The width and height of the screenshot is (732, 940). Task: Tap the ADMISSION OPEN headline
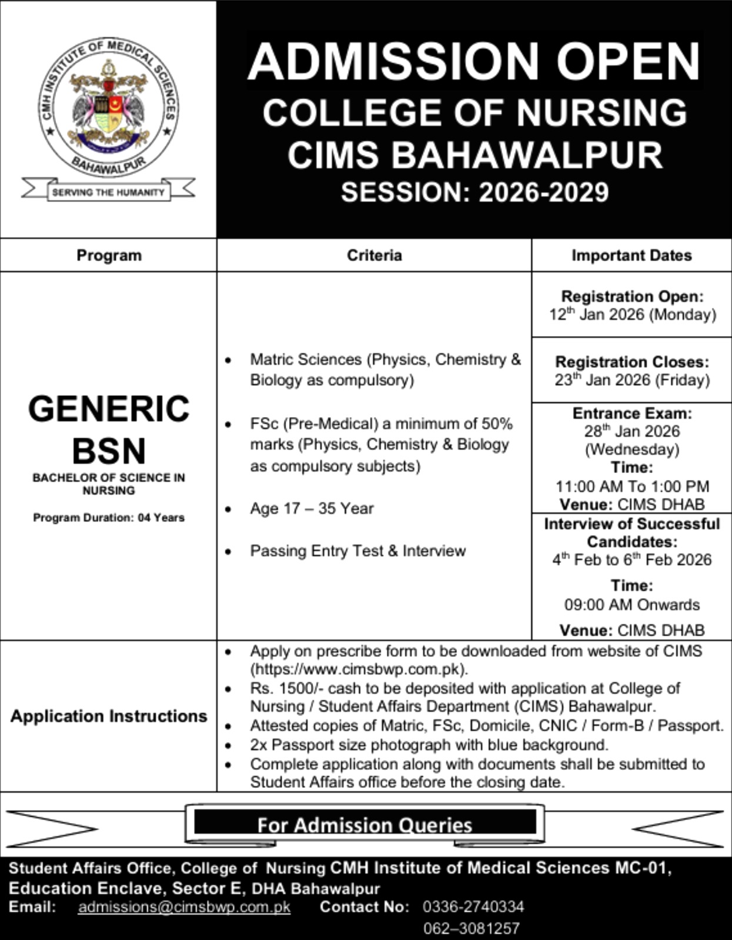pos(474,62)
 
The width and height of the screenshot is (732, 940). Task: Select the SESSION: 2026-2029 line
pos(474,193)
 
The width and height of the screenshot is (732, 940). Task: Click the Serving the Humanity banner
pos(108,192)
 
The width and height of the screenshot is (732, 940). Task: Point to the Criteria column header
pos(374,256)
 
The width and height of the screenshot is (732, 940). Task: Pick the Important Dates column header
pos(631,256)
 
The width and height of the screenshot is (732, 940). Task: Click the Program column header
pos(109,256)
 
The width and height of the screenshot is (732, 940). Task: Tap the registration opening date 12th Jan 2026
pos(632,315)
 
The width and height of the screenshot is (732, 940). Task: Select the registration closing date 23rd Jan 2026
pos(632,380)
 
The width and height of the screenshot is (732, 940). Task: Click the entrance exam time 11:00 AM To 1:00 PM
pos(632,486)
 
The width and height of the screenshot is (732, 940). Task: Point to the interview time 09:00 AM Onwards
pos(632,605)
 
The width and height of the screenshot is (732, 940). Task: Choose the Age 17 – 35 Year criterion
pos(312,509)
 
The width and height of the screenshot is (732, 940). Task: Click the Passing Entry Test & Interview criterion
pos(357,551)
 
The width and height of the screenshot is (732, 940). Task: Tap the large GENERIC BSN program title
pos(109,429)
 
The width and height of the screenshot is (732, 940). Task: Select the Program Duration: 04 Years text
pos(109,518)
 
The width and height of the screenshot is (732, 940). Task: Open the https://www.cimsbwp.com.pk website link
pos(359,669)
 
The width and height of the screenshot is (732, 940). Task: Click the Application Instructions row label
pos(109,716)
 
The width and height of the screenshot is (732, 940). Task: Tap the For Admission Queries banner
pos(365,825)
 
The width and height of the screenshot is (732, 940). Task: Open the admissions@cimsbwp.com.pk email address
pos(184,907)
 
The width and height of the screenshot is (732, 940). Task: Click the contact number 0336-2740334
pos(473,907)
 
